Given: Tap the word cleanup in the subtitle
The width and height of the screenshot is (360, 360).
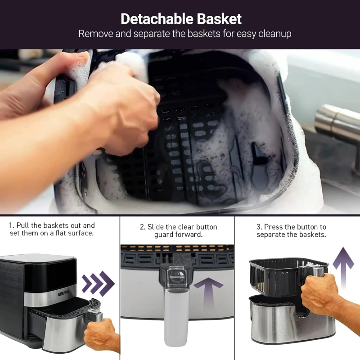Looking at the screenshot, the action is click(x=275, y=34).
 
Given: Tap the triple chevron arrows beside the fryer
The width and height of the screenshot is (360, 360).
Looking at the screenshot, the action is click(x=98, y=283).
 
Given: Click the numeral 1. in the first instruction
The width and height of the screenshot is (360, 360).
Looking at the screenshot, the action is click(x=12, y=225).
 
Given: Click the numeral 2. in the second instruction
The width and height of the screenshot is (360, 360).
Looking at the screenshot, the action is click(x=143, y=227).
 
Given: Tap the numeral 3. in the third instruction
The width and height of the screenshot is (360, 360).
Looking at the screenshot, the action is click(x=260, y=227).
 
